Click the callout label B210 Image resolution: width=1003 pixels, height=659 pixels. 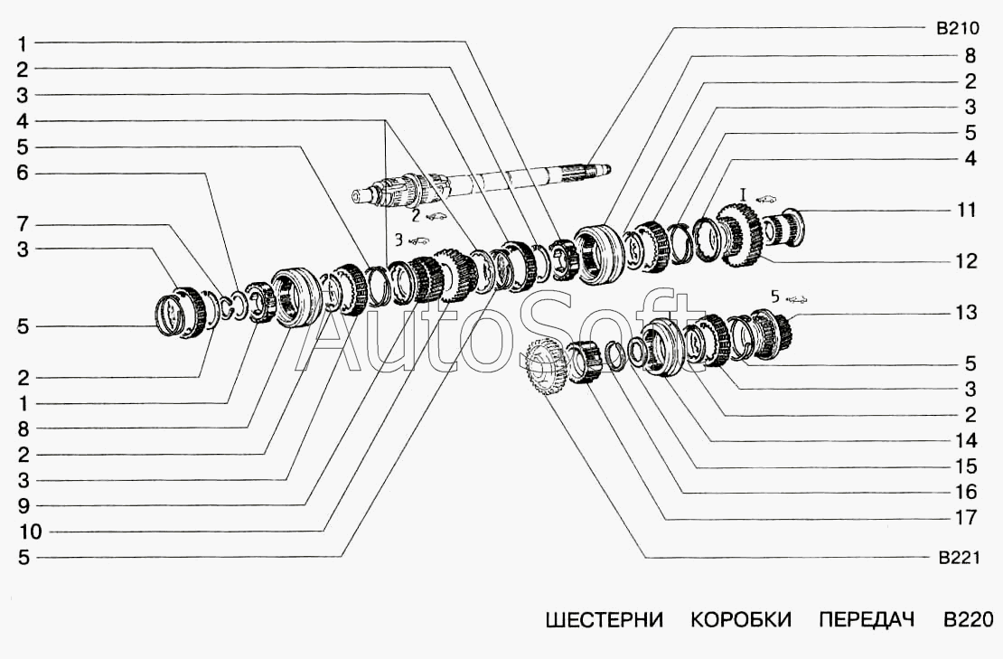[957, 29]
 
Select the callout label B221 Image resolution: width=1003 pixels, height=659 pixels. [959, 558]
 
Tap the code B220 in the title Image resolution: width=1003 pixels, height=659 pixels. [969, 619]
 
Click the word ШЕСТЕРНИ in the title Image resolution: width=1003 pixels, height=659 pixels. [604, 619]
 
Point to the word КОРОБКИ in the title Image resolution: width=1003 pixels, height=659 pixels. [741, 619]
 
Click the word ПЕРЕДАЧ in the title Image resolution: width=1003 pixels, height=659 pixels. [867, 619]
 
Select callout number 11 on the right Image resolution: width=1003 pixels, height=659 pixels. [967, 210]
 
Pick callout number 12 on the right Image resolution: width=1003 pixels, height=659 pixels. [967, 261]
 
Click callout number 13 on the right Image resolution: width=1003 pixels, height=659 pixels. [967, 312]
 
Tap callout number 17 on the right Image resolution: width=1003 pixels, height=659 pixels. [967, 517]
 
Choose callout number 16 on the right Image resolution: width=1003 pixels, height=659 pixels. [967, 492]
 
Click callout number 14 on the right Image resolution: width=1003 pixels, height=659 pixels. [967, 440]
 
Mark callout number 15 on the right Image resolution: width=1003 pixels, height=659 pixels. [967, 466]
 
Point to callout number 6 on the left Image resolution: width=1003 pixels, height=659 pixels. [23, 173]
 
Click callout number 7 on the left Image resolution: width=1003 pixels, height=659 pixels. [23, 224]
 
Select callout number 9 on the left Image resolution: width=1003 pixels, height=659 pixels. [23, 506]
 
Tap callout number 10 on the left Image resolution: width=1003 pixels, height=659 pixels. [30, 532]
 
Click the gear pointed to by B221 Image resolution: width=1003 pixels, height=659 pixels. [545, 366]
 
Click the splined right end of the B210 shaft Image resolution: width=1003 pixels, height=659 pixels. [587, 171]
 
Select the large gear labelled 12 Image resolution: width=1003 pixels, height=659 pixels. [739, 233]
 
